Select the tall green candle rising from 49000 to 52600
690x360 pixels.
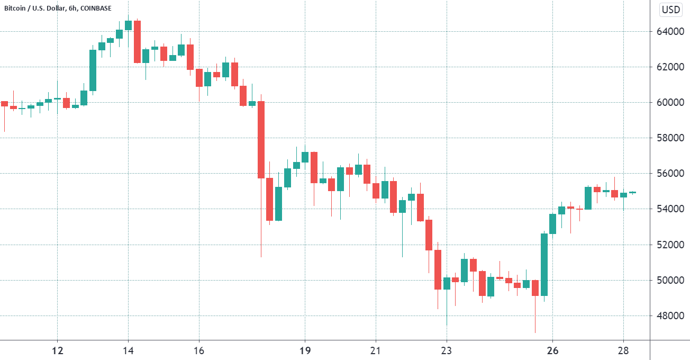pos(544,264)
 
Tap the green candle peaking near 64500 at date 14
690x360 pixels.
pos(128,25)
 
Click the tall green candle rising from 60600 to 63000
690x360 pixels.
pos(93,70)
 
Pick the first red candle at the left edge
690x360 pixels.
pos(4,104)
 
